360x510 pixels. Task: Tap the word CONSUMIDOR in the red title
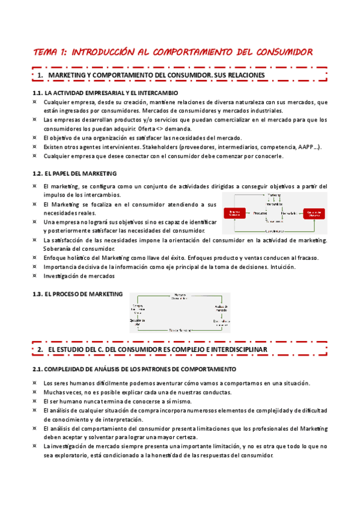coord(284,52)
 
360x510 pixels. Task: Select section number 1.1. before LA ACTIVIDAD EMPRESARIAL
coord(38,93)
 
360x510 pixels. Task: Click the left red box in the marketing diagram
coord(235,214)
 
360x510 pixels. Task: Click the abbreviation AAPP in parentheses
coord(308,147)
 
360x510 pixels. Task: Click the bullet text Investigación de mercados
coord(79,276)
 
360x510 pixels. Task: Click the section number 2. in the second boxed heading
coord(40,349)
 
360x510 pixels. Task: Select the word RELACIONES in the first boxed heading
coord(239,75)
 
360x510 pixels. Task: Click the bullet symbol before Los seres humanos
coord(35,383)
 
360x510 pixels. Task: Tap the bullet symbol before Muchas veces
coord(35,392)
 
